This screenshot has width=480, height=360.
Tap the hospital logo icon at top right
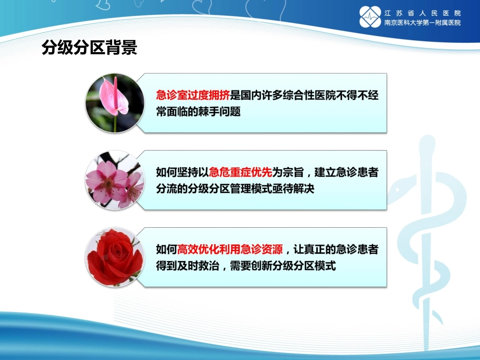point(370,17)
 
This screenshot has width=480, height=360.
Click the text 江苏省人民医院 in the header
point(422,12)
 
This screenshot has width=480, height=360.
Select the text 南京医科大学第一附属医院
point(422,23)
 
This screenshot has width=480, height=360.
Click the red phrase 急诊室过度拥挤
point(193,95)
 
